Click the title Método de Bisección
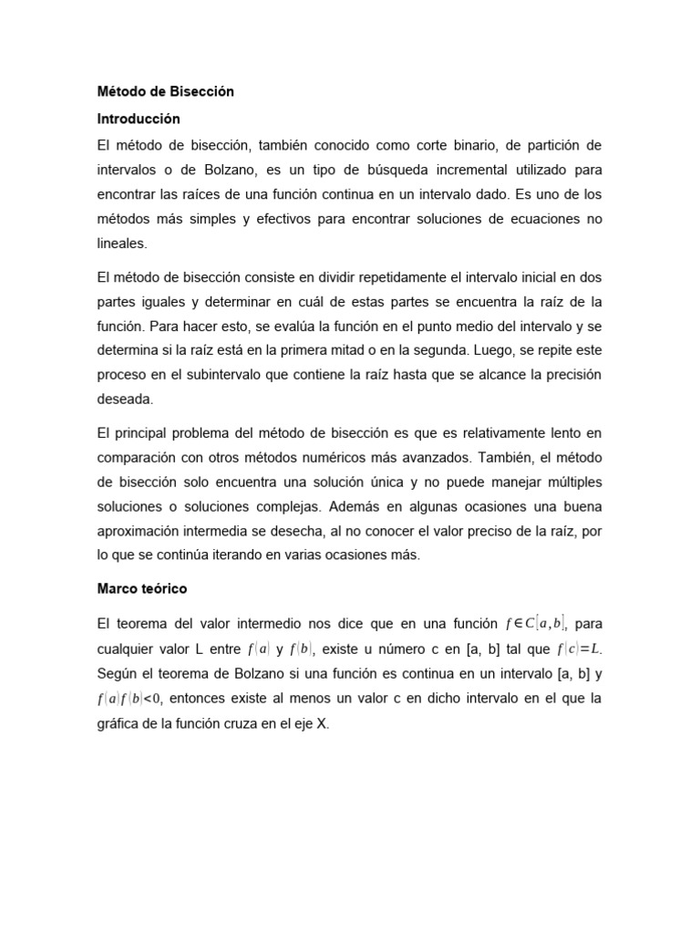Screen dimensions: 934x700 coord(166,92)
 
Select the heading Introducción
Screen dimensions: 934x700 coord(139,119)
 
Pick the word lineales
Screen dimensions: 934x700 coord(121,244)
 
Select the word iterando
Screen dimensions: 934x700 coord(226,555)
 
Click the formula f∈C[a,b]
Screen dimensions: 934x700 coord(536,624)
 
